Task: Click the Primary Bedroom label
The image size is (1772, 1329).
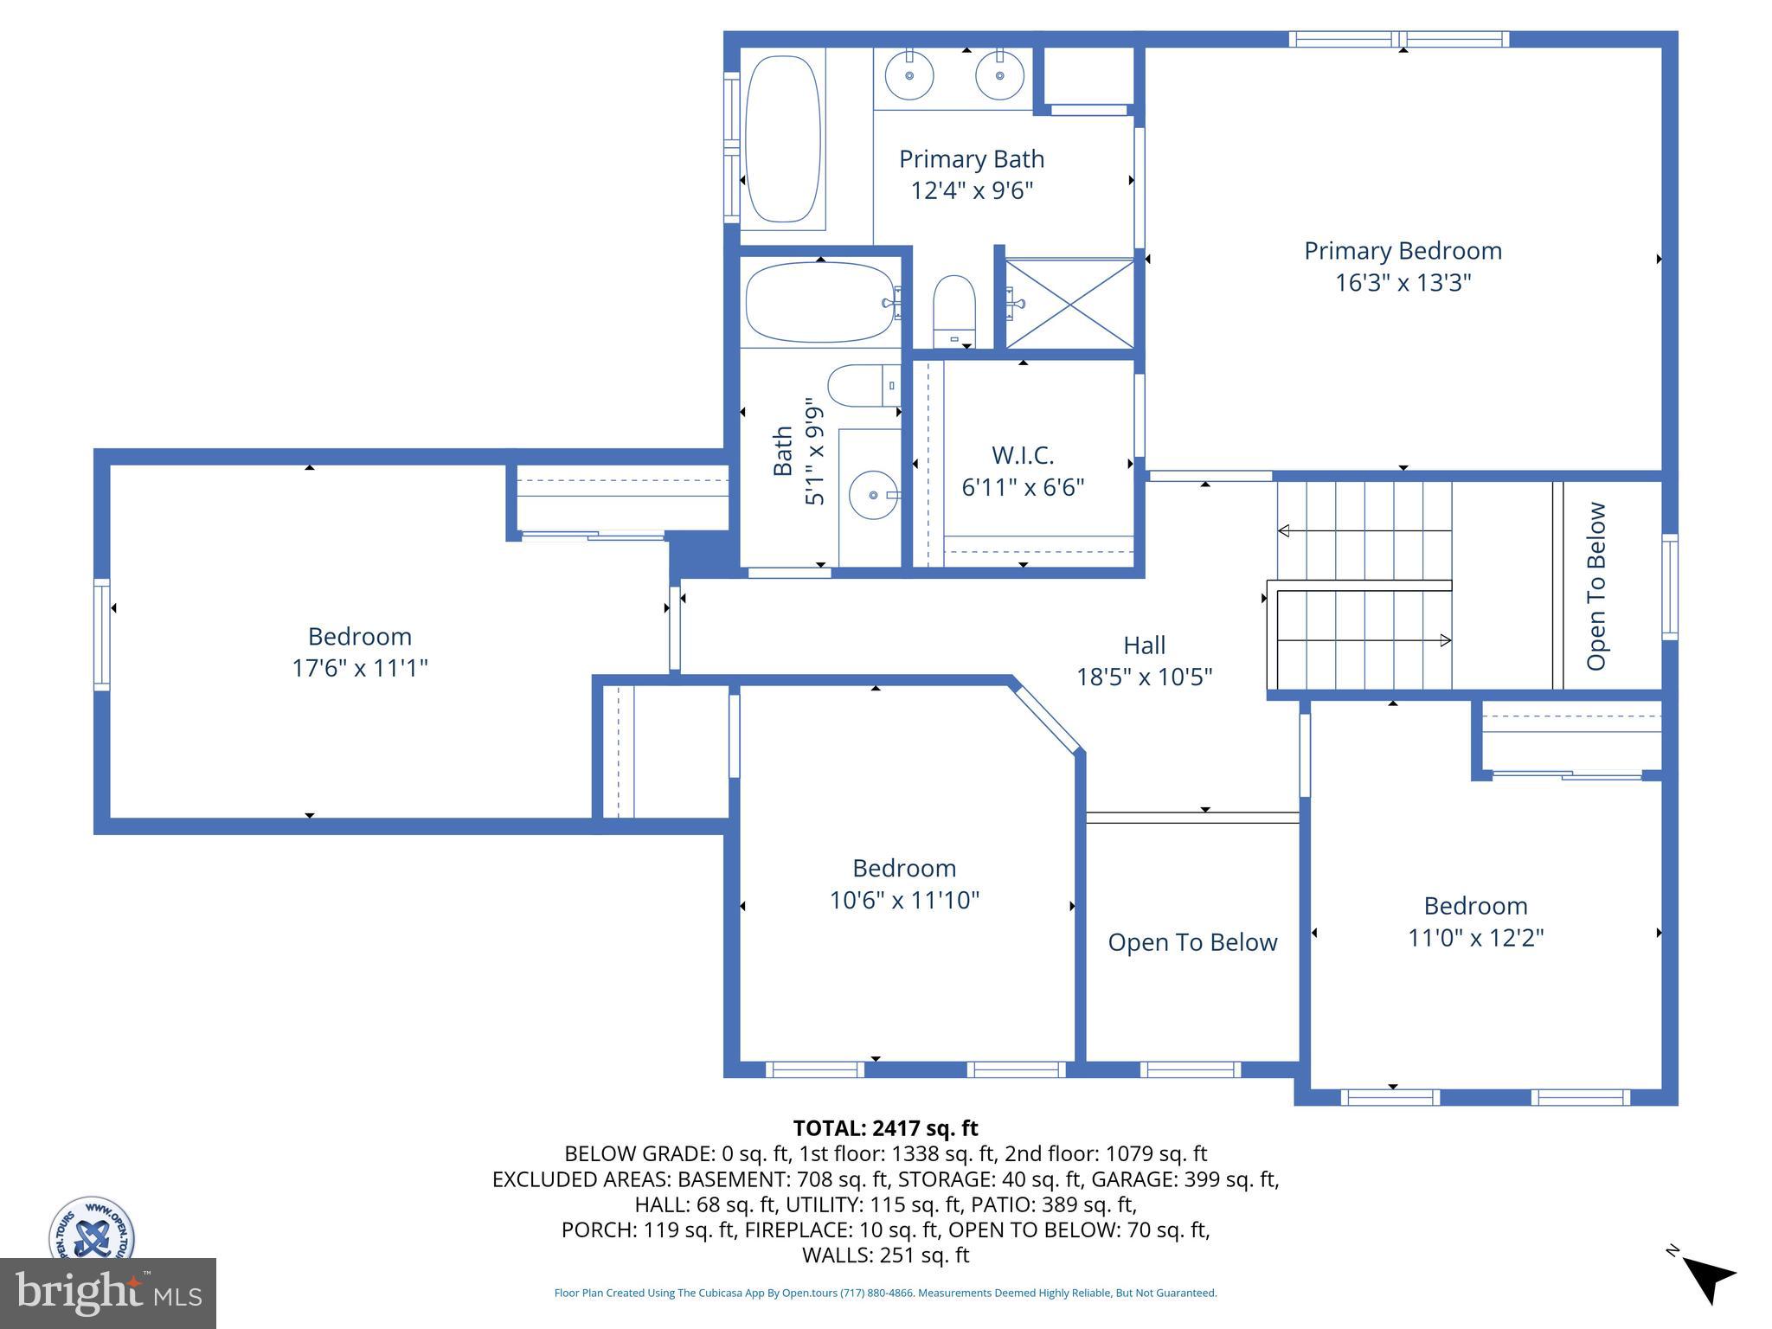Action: [1402, 251]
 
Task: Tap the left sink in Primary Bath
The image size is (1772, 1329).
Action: [909, 75]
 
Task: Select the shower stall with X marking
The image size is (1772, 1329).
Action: [1069, 304]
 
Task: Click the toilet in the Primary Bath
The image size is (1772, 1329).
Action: [953, 310]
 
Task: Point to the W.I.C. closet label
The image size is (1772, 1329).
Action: [1022, 455]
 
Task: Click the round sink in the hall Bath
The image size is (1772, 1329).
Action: [872, 495]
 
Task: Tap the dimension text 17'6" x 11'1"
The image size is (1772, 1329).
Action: [360, 668]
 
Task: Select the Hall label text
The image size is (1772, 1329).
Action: [1144, 645]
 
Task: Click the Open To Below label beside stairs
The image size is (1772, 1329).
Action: [1596, 586]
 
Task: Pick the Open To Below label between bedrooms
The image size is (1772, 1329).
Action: [1192, 942]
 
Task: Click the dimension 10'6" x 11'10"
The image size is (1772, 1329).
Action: [904, 901]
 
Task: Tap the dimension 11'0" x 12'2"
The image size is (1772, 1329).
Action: [1475, 938]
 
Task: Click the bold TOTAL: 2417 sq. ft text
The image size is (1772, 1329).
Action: [885, 1128]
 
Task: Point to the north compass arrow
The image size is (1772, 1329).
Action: [1708, 1279]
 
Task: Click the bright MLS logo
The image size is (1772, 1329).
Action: [108, 1293]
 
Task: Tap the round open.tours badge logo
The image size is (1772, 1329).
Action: [92, 1229]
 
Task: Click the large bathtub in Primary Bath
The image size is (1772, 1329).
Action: [782, 138]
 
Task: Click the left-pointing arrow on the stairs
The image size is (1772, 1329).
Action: [1284, 530]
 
